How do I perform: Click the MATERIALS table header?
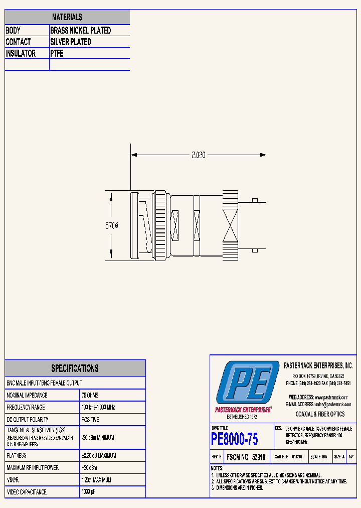tap(67, 17)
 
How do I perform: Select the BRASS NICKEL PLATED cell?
tap(80, 31)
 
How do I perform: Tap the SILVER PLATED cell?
tap(71, 42)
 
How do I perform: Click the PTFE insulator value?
tap(57, 54)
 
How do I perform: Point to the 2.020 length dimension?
tap(199, 156)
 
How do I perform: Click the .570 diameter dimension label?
tap(111, 226)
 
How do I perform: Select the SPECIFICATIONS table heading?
tap(75, 368)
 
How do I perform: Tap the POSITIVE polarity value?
tap(90, 419)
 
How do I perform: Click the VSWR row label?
tap(14, 480)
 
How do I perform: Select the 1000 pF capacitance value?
tap(89, 492)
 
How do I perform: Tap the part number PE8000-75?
tap(235, 439)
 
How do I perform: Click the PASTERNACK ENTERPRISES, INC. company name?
tap(318, 366)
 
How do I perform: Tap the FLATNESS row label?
tap(17, 455)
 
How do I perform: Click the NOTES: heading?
tap(217, 468)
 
